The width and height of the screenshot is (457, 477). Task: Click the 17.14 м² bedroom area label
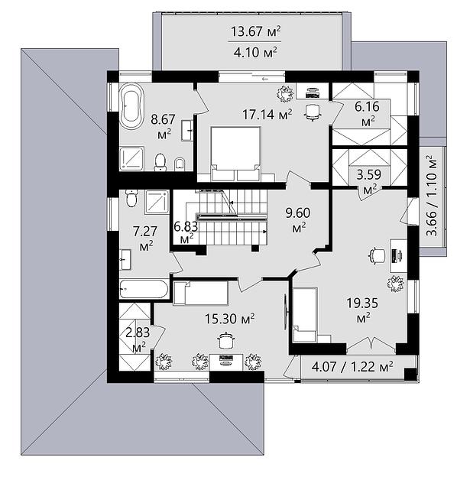267,115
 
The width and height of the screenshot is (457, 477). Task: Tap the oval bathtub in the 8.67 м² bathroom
131,107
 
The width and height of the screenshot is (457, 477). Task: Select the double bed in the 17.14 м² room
236,154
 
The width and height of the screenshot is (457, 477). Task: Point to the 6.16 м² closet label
368,114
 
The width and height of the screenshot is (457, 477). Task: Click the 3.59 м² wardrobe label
369,182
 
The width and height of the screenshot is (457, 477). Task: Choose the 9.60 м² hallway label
298,219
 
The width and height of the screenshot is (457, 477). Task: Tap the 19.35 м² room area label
362,310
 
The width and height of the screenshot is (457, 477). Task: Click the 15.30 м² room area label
229,319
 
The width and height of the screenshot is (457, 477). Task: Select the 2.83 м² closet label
138,339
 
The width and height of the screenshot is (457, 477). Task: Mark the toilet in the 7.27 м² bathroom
131,198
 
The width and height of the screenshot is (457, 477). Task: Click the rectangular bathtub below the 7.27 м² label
144,289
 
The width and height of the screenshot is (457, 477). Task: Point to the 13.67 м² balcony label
256,31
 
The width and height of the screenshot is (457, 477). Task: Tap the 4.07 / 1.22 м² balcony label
352,367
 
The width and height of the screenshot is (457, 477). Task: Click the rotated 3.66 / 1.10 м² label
432,196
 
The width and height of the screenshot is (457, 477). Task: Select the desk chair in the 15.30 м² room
225,340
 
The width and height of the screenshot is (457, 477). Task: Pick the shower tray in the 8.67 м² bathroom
131,158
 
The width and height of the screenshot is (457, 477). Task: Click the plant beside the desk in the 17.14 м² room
285,94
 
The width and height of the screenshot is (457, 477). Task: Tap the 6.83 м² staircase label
186,232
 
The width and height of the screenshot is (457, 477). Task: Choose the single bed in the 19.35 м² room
305,315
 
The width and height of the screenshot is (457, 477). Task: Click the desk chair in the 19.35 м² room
378,255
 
